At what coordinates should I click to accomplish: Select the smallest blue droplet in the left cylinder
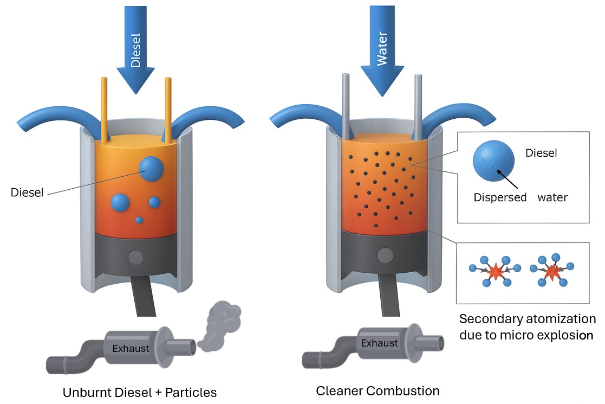point(139,220)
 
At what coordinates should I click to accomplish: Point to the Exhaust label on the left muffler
point(131,348)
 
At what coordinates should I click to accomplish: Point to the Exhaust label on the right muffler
point(379,343)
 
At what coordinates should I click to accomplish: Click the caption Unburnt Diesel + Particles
point(140,392)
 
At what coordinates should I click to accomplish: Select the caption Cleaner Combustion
point(378,390)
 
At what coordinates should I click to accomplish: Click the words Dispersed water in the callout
point(521,197)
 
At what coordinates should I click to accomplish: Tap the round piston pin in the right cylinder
point(385,254)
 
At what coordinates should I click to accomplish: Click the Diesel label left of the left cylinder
point(27,193)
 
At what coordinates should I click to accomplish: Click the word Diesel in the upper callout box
point(541,153)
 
